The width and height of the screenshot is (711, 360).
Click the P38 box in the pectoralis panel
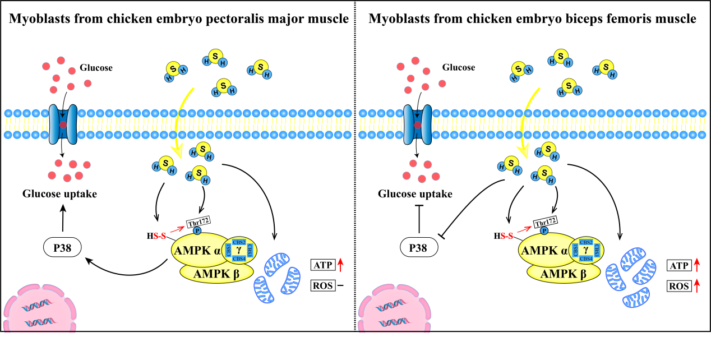tap(61, 247)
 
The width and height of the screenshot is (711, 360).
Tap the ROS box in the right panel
tap(678, 286)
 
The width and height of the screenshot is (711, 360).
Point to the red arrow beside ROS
tap(697, 286)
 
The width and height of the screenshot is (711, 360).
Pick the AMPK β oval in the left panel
tap(217, 274)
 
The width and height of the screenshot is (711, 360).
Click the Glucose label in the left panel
tap(96, 68)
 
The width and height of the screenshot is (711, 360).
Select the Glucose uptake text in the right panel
tap(415, 194)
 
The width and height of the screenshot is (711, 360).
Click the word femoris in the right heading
tap(613, 19)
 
